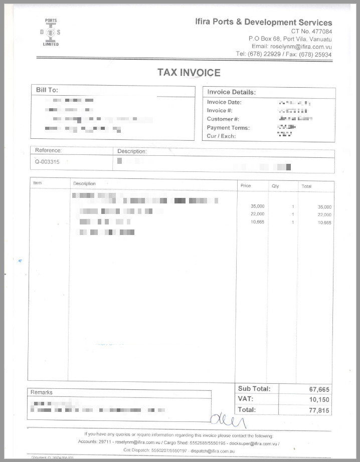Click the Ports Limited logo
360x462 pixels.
51,32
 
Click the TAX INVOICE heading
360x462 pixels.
189,72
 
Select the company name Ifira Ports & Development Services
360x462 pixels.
263,22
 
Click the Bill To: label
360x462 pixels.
47,90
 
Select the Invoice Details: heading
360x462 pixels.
232,92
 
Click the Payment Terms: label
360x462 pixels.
228,128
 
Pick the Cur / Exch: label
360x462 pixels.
221,136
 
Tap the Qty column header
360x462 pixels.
275,186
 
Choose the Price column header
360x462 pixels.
246,186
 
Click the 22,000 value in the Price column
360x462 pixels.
257,214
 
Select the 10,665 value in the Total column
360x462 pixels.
324,222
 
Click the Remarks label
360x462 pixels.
42,392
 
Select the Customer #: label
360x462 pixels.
223,119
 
